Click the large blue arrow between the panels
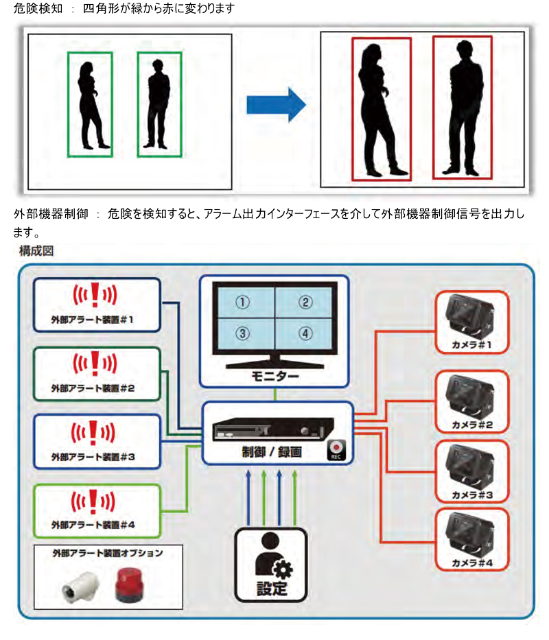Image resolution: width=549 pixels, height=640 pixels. coord(275,104)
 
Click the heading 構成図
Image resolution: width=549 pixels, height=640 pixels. coord(36,251)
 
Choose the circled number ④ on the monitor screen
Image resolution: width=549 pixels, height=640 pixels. coord(305,333)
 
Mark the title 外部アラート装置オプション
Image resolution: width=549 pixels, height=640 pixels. coord(108,553)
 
